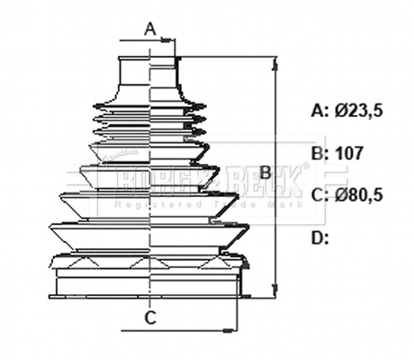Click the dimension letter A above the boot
(x=151, y=28)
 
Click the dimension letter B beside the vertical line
(x=265, y=171)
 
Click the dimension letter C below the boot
(x=151, y=316)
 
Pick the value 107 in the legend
(x=348, y=153)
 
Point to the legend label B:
(x=319, y=153)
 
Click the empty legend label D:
(x=319, y=238)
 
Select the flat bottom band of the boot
(x=149, y=286)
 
